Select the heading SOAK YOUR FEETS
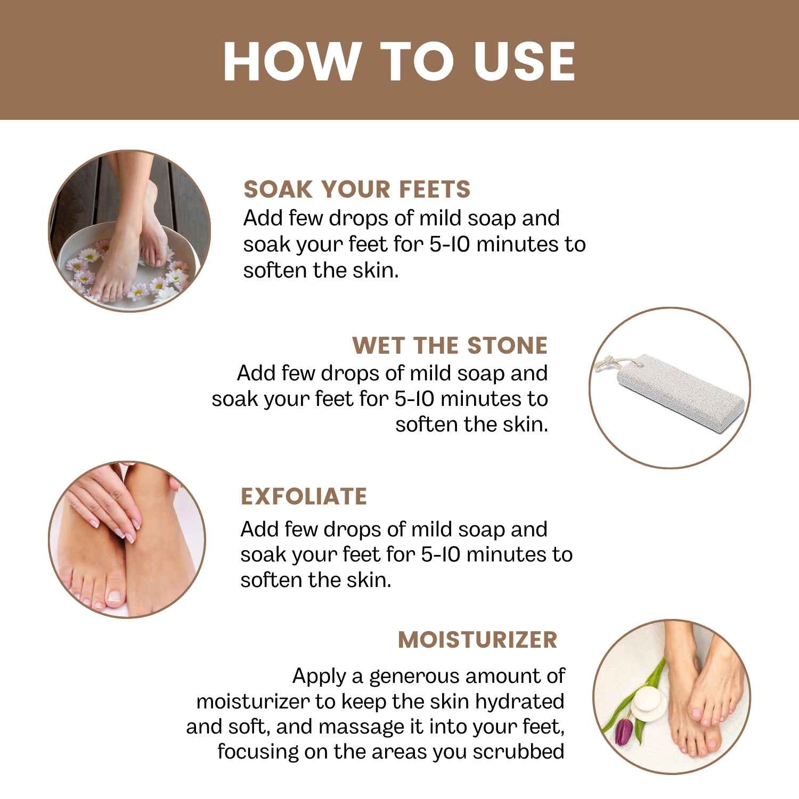tap(357, 189)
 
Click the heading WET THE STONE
tap(450, 345)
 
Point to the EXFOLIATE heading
tap(304, 496)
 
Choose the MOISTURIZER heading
tap(477, 639)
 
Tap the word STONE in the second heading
tap(507, 345)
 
